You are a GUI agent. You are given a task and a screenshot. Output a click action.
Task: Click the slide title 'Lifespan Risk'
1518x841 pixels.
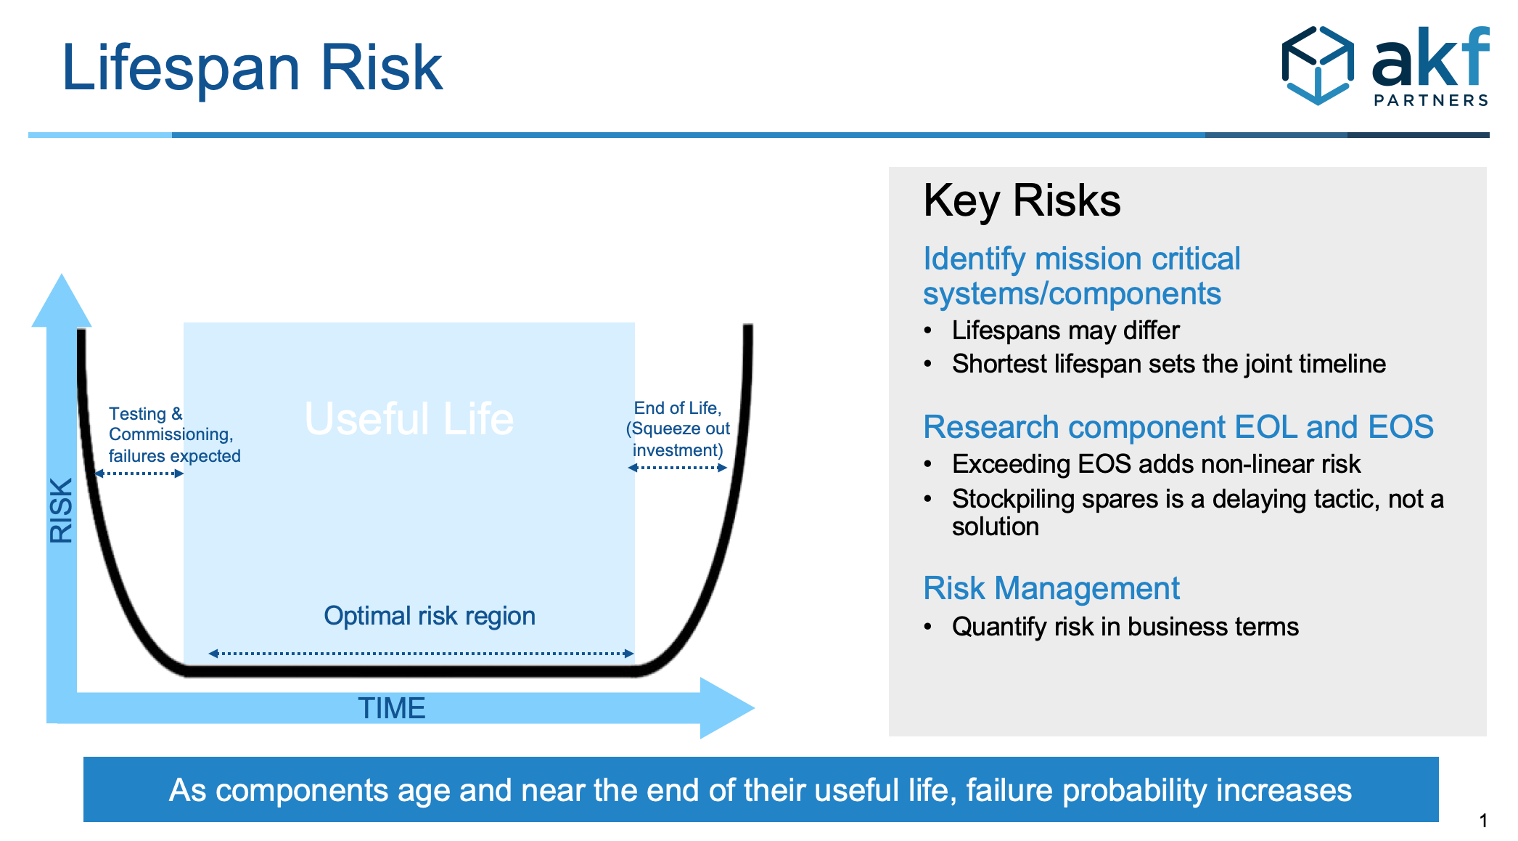tap(252, 69)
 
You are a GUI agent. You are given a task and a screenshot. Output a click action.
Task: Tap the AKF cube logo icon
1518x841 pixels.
tap(1318, 65)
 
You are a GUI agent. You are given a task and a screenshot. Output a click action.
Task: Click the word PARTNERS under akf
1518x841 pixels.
tap(1431, 100)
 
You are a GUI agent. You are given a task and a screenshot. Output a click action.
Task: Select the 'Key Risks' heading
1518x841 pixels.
tap(1022, 200)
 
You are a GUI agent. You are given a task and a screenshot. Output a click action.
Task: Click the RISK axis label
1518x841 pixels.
tap(61, 510)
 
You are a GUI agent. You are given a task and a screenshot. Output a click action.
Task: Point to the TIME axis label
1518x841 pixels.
tap(391, 708)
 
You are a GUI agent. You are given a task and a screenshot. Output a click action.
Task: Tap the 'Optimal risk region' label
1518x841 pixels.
tap(430, 616)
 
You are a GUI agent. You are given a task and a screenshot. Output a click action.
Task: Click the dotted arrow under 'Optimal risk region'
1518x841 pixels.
tap(421, 654)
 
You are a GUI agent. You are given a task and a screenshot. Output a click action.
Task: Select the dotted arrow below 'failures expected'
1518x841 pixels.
tap(139, 474)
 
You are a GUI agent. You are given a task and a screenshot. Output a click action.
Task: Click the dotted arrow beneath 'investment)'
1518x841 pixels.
tap(677, 468)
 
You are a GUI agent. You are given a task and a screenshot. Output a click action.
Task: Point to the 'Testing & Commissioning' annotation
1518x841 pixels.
tap(174, 434)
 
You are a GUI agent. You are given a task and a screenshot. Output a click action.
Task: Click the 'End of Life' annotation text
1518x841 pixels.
tap(678, 428)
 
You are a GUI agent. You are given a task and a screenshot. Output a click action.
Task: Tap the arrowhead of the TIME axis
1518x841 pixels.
tap(726, 708)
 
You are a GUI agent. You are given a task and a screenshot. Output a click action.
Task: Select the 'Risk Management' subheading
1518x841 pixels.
tap(1051, 588)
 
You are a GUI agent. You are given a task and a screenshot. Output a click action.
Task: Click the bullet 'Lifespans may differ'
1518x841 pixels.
tap(1065, 330)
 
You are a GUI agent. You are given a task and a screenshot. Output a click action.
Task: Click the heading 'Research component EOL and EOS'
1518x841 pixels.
tap(1178, 427)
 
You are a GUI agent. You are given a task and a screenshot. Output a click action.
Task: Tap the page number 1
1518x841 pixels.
tap(1483, 821)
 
